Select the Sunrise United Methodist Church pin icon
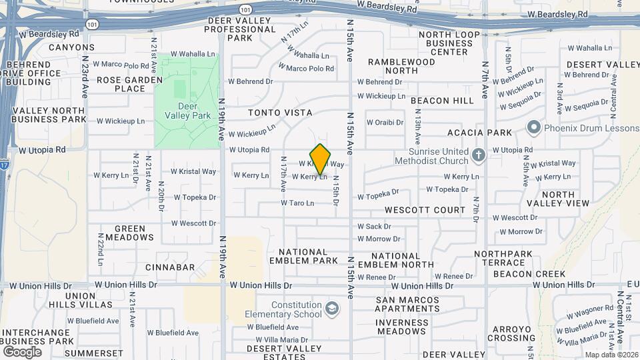(x=478, y=155)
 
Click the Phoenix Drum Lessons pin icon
(x=533, y=127)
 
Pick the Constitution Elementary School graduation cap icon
(x=332, y=309)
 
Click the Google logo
(x=22, y=351)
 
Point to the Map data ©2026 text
(x=610, y=355)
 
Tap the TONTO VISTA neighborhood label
(x=280, y=113)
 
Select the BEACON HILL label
(x=442, y=101)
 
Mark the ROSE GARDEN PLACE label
(x=121, y=84)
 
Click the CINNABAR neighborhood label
(x=170, y=267)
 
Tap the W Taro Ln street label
(x=297, y=203)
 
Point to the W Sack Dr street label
(x=374, y=227)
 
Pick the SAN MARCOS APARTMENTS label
(x=407, y=305)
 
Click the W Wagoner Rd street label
(x=590, y=308)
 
